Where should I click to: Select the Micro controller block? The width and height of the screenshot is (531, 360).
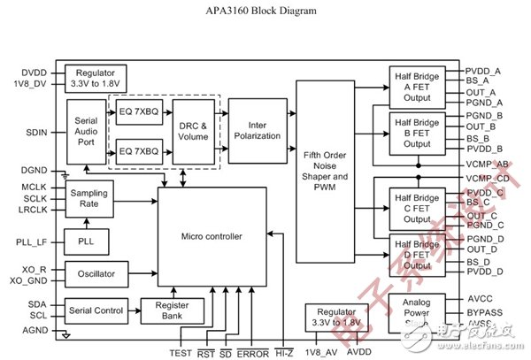[212, 236]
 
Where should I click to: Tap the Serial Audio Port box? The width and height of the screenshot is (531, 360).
[86, 132]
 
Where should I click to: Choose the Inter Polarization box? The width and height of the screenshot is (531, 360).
[258, 130]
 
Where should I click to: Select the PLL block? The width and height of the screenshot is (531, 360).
[86, 241]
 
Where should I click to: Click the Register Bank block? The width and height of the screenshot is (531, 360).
[173, 310]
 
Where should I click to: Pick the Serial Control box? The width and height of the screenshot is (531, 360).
[96, 310]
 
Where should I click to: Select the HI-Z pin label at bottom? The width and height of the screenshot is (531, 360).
[285, 353]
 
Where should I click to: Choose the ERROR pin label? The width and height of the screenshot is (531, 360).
[252, 353]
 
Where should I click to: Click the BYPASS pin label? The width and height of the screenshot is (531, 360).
[486, 313]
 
